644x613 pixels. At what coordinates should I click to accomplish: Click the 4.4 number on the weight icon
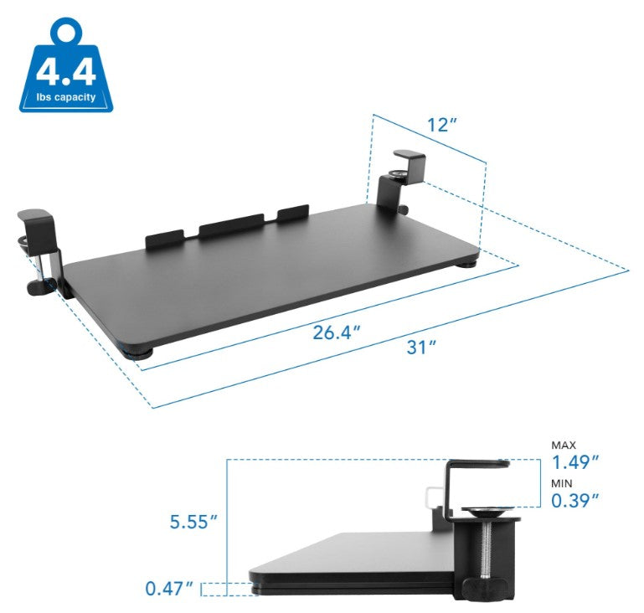pos(66,72)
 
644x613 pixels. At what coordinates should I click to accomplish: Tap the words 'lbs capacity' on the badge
pos(66,97)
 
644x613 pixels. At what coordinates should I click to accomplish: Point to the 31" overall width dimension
pos(422,347)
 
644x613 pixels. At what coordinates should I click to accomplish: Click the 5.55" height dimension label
pos(192,521)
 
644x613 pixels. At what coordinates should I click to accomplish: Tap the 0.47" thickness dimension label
pos(170,589)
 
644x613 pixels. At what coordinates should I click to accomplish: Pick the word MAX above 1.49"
pos(564,445)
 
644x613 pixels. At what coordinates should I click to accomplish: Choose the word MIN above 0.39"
pos(561,484)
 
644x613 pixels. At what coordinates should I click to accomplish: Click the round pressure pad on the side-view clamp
pos(483,511)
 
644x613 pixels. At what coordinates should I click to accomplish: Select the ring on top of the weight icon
pos(65,33)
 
